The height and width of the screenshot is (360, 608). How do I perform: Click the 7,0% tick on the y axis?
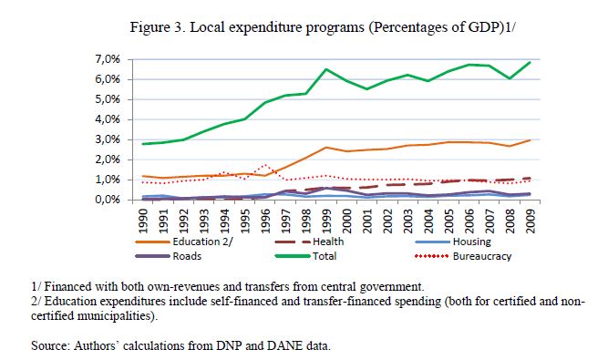point(108,59)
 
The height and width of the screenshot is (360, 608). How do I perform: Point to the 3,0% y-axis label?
point(108,139)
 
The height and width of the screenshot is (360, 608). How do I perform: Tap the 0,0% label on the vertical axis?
point(108,200)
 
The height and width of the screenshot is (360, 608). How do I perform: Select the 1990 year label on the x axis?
point(143,221)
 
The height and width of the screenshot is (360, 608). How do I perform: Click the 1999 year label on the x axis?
point(326,221)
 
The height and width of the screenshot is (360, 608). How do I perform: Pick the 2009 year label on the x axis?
point(530,221)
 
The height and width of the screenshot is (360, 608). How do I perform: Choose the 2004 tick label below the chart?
point(428,221)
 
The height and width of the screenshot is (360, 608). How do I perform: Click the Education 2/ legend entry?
point(184,242)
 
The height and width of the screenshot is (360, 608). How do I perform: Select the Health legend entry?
point(309,242)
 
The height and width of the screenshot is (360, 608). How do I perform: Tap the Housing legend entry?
point(453,242)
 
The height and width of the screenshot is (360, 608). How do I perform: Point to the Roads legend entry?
point(169,256)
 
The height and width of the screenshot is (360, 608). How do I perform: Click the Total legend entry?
point(305,256)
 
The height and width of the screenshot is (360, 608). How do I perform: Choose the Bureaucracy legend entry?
point(463,256)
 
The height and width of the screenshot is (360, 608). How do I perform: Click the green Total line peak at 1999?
point(326,69)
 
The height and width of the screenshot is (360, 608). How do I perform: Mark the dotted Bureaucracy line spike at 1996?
point(265,165)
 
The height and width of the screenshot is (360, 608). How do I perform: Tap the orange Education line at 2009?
point(530,140)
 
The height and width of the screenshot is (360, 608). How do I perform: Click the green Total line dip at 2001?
point(366,89)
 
